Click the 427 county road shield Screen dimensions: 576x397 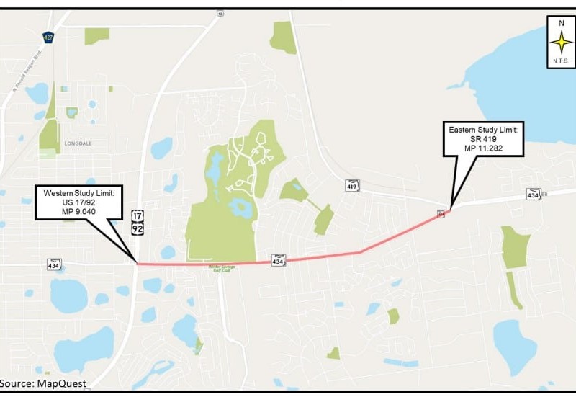[47, 37]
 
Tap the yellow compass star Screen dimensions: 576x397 [560, 43]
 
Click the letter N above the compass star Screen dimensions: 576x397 [560, 24]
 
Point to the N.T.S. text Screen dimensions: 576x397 [560, 62]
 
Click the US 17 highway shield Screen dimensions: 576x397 [137, 215]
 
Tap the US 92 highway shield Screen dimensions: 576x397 [137, 228]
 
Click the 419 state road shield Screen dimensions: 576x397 [351, 185]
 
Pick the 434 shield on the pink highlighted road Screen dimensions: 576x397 [278, 260]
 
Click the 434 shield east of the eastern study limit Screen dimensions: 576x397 [533, 194]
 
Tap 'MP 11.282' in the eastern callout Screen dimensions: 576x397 [483, 149]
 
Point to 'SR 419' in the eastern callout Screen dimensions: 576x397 [483, 139]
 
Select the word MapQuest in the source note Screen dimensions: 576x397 [64, 383]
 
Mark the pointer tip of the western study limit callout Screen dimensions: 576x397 [137, 263]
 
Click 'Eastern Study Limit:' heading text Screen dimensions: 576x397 [483, 129]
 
